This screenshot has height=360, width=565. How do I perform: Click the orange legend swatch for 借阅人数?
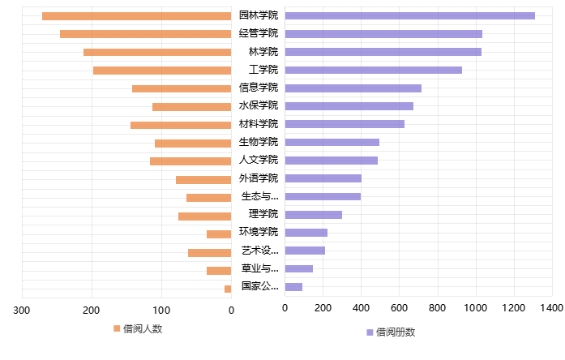coord(117,328)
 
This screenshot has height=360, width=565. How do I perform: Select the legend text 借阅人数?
coord(143,329)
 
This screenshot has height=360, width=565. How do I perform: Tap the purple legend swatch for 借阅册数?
coord(370,332)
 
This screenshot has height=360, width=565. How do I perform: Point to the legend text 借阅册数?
coord(396,332)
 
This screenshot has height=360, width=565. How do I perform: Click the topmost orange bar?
coord(136,16)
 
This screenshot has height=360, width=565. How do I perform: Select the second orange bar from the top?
coord(145,34)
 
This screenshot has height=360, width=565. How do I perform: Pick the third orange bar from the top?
coord(157,52)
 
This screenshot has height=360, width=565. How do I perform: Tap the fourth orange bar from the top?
coord(162,71)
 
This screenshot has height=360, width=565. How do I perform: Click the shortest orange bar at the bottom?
coord(228,289)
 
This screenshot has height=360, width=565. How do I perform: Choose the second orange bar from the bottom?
coord(219,271)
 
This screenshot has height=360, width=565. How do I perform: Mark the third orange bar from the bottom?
coord(209,253)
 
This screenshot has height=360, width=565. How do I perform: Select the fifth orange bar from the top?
coord(182,88)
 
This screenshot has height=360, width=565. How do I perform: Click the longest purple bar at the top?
coord(409,15)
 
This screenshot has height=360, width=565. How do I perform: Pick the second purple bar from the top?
coord(383,34)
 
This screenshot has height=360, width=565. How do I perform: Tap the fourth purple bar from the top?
coord(373,70)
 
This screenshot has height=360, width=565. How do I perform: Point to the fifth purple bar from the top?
coord(353,88)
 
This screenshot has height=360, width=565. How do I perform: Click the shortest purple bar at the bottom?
coord(293,287)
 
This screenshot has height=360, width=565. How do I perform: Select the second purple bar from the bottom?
coord(298,268)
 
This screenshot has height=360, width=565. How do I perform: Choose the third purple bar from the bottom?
coord(305,251)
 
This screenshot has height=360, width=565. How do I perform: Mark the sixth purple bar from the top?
coord(349,106)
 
